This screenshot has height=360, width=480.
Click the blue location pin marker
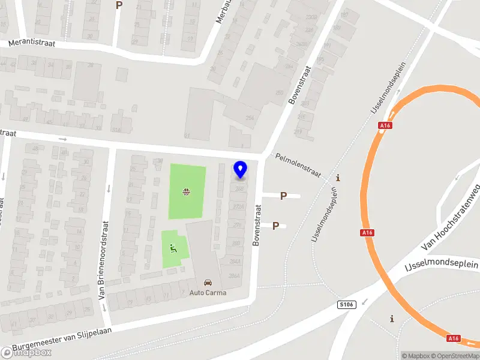pos(241,169)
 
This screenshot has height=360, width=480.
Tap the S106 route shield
pos(347,304)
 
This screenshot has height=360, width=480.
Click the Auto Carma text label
pos(208,293)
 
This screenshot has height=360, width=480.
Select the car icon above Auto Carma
pos(208,282)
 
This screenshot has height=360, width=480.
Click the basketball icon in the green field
pos(187,192)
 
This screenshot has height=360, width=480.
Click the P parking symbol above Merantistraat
pos(119,5)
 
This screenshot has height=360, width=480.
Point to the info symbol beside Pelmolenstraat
pos(338,178)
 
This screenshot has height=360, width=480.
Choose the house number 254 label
pos(249,118)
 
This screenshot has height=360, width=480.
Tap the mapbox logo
pos(26,352)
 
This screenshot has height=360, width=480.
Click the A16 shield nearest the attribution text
pos(453,339)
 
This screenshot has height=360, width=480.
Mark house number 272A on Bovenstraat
pos(238,207)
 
